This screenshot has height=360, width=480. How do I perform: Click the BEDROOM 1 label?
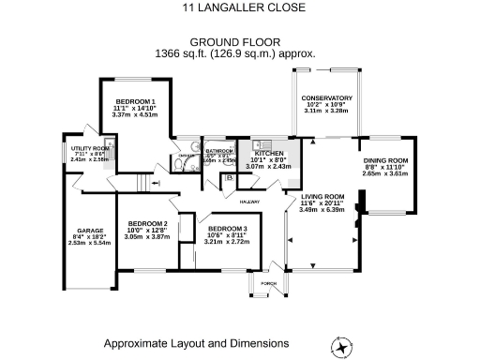click(x=135, y=101)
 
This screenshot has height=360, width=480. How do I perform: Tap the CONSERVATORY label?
click(x=326, y=97)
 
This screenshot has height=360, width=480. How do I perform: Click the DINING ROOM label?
click(x=386, y=160)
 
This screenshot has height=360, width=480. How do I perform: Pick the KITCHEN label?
click(x=269, y=153)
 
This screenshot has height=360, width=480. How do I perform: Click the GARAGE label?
click(x=90, y=230)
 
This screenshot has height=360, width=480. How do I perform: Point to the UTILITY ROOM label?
click(x=90, y=148)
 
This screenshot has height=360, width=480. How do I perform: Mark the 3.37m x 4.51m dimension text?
click(x=135, y=116)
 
